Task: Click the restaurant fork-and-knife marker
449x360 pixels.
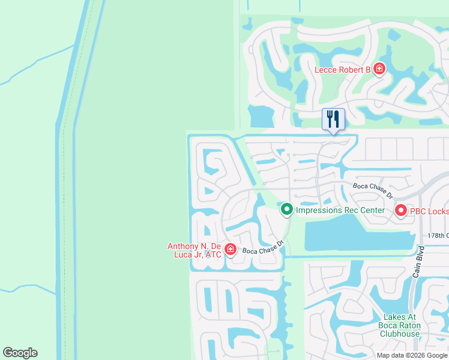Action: point(333,119)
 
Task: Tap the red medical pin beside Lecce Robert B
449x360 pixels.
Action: point(379,70)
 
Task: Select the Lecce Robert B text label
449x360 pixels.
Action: point(343,70)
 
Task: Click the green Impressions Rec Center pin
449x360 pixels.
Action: point(287,209)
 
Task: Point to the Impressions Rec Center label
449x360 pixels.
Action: point(340,210)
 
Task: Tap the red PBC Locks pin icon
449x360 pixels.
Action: point(400,210)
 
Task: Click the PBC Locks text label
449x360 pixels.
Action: point(429,211)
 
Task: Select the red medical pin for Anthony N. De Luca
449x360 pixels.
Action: point(230,249)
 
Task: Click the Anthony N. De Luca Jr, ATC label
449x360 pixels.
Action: point(194,250)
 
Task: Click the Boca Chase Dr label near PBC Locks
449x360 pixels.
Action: point(372,190)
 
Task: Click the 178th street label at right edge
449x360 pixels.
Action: point(438,236)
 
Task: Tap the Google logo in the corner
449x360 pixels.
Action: point(20,353)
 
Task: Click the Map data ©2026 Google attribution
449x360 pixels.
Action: point(412,355)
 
